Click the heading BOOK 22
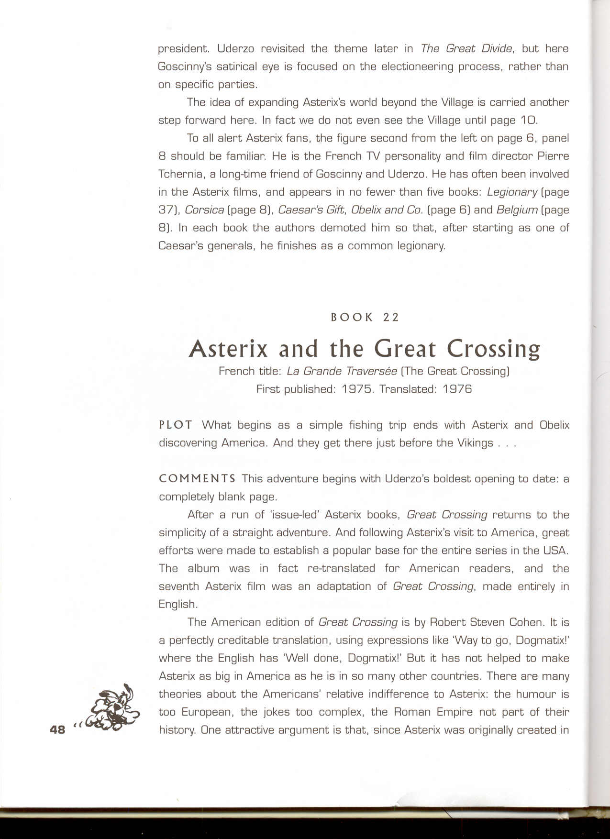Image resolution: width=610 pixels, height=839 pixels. [x=365, y=317]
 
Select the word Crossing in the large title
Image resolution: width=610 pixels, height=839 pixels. [x=493, y=349]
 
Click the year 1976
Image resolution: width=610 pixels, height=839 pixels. [x=457, y=389]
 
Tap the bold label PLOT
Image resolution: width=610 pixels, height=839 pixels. [x=176, y=425]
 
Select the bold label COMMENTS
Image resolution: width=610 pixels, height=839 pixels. [x=197, y=479]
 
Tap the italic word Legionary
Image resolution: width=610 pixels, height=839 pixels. [x=512, y=192]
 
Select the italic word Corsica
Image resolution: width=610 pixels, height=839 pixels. [x=204, y=210]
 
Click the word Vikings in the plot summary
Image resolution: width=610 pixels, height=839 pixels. [x=475, y=443]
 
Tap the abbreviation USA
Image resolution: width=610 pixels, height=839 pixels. [x=555, y=551]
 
